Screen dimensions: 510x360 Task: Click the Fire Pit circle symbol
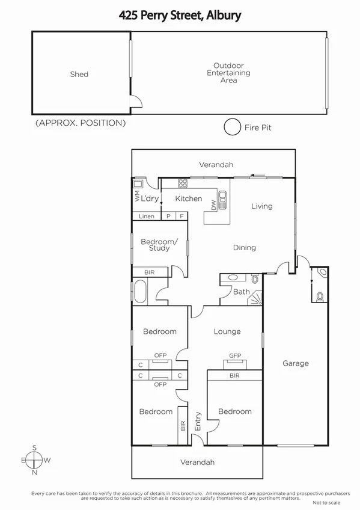pos(231,127)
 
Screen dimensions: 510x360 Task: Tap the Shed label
pos(79,75)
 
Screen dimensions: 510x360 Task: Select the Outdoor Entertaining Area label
pos(228,73)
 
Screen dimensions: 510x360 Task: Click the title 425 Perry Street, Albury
pos(180,15)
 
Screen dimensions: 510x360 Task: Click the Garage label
pos(296,363)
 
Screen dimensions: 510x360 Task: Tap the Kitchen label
pos(189,198)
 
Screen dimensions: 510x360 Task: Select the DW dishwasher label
pos(213,205)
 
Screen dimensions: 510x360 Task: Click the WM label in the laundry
pos(137,196)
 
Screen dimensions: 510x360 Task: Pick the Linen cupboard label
pos(147,217)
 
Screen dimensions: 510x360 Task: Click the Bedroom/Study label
pos(159,245)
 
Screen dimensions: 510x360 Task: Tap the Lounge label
pos(227,331)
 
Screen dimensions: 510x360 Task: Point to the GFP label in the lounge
pos(235,355)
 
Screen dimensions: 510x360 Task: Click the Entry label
pos(198,419)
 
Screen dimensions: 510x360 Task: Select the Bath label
pos(242,292)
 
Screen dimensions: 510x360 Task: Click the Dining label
pos(245,247)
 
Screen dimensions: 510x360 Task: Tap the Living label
pos(261,206)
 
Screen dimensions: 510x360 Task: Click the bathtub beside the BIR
pos(140,292)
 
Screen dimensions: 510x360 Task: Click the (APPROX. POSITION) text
pos(81,123)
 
